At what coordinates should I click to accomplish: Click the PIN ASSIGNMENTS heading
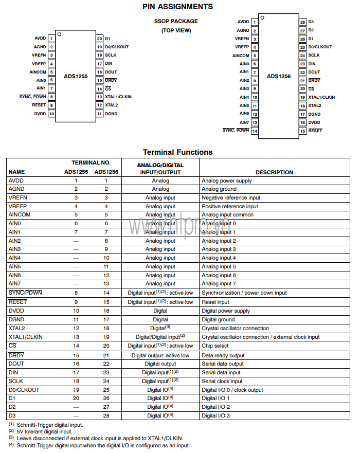pos(177,7)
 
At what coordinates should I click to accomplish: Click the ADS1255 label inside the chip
pos(76,76)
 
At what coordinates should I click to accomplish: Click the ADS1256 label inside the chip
pos(279,76)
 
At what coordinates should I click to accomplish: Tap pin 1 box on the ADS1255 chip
pos(52,39)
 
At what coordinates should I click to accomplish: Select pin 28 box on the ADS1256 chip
pos(302,22)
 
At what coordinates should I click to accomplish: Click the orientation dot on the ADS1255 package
pos(60,34)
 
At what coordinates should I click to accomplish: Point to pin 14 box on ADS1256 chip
pos(255,131)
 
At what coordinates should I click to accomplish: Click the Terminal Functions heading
pos(177,152)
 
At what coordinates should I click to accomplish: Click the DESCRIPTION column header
pos(274,172)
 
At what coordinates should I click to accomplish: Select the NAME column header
pos(16,172)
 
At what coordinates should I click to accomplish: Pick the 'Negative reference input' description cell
pos(231,197)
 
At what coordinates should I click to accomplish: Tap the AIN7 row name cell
pos(15,283)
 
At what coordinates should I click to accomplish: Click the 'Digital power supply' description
pos(226,311)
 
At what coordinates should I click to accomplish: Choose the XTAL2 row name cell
pos(17,328)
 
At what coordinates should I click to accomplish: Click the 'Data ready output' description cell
pos(223,355)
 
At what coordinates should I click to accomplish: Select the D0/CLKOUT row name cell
pos(24,390)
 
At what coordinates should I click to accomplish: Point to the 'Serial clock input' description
pos(222,381)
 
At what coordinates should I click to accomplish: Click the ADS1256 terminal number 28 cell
pos(106,415)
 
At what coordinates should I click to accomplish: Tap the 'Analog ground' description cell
pos(219,189)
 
